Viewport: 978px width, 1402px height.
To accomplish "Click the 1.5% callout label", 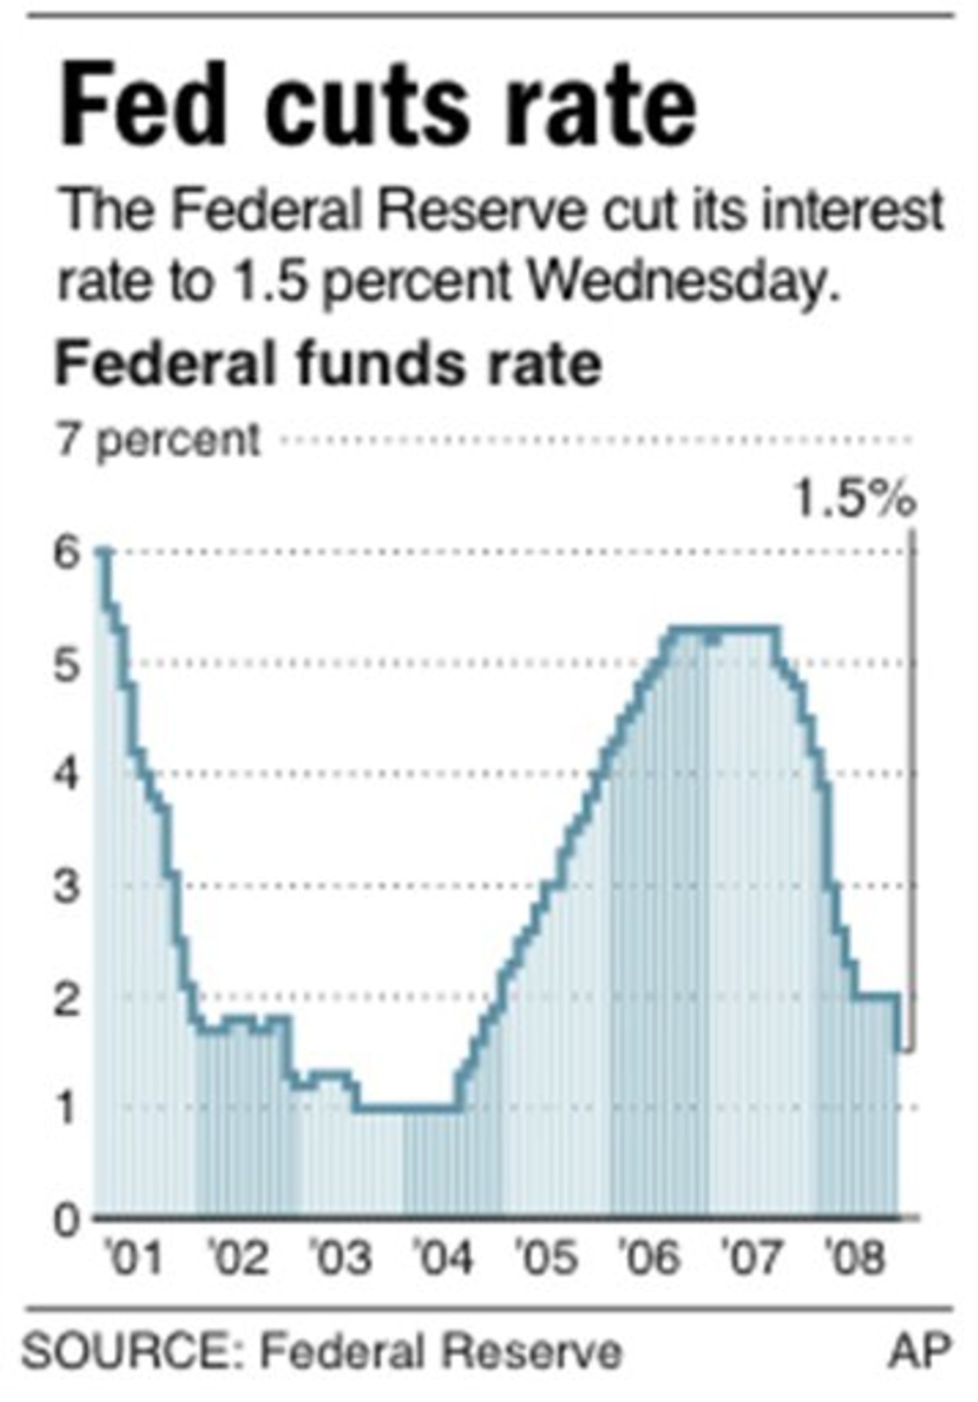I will pos(855,499).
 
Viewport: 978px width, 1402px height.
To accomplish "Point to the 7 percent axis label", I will pos(158,441).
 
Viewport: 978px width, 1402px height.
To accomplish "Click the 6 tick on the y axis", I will pos(67,555).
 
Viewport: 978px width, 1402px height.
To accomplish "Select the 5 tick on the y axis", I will pos(67,665).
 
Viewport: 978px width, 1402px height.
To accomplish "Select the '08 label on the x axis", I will pos(855,1258).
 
